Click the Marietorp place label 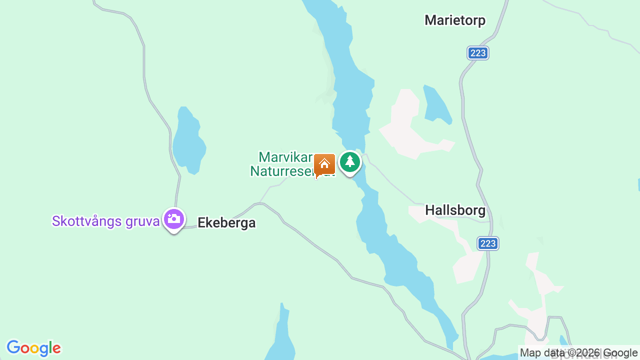pos(455,20)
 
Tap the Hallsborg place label pos(455,210)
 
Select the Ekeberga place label pos(226,223)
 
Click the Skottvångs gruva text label pos(105,221)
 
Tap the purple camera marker pos(174,219)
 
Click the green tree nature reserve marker pos(350,162)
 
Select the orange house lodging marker pos(324,164)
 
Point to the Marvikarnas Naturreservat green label pos(285,164)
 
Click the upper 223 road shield pos(478,53)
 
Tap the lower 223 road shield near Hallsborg pos(487,243)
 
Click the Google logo pos(33,348)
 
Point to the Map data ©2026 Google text pos(578,353)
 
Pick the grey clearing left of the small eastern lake pos(407,130)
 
